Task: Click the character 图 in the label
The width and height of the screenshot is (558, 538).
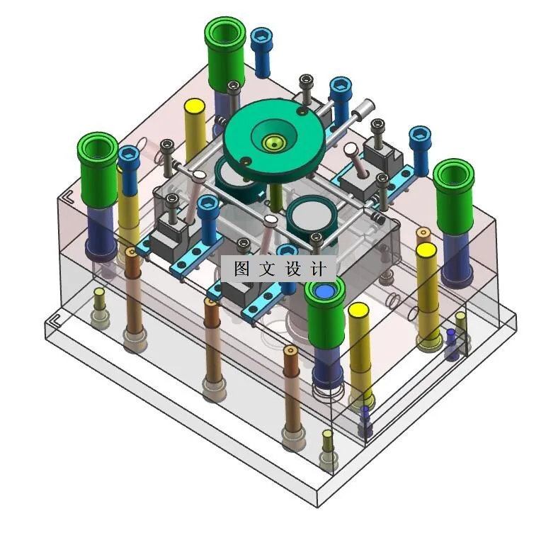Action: click(241, 268)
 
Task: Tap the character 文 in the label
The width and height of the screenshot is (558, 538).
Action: click(267, 268)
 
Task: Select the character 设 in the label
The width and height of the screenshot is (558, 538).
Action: click(293, 268)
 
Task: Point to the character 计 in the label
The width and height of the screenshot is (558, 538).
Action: click(319, 268)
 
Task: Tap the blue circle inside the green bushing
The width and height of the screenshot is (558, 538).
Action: click(324, 291)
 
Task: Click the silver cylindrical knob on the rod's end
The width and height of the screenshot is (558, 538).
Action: click(364, 107)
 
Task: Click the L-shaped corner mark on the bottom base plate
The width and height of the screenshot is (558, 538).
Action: click(57, 320)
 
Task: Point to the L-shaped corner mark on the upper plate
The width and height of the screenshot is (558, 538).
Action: click(68, 196)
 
